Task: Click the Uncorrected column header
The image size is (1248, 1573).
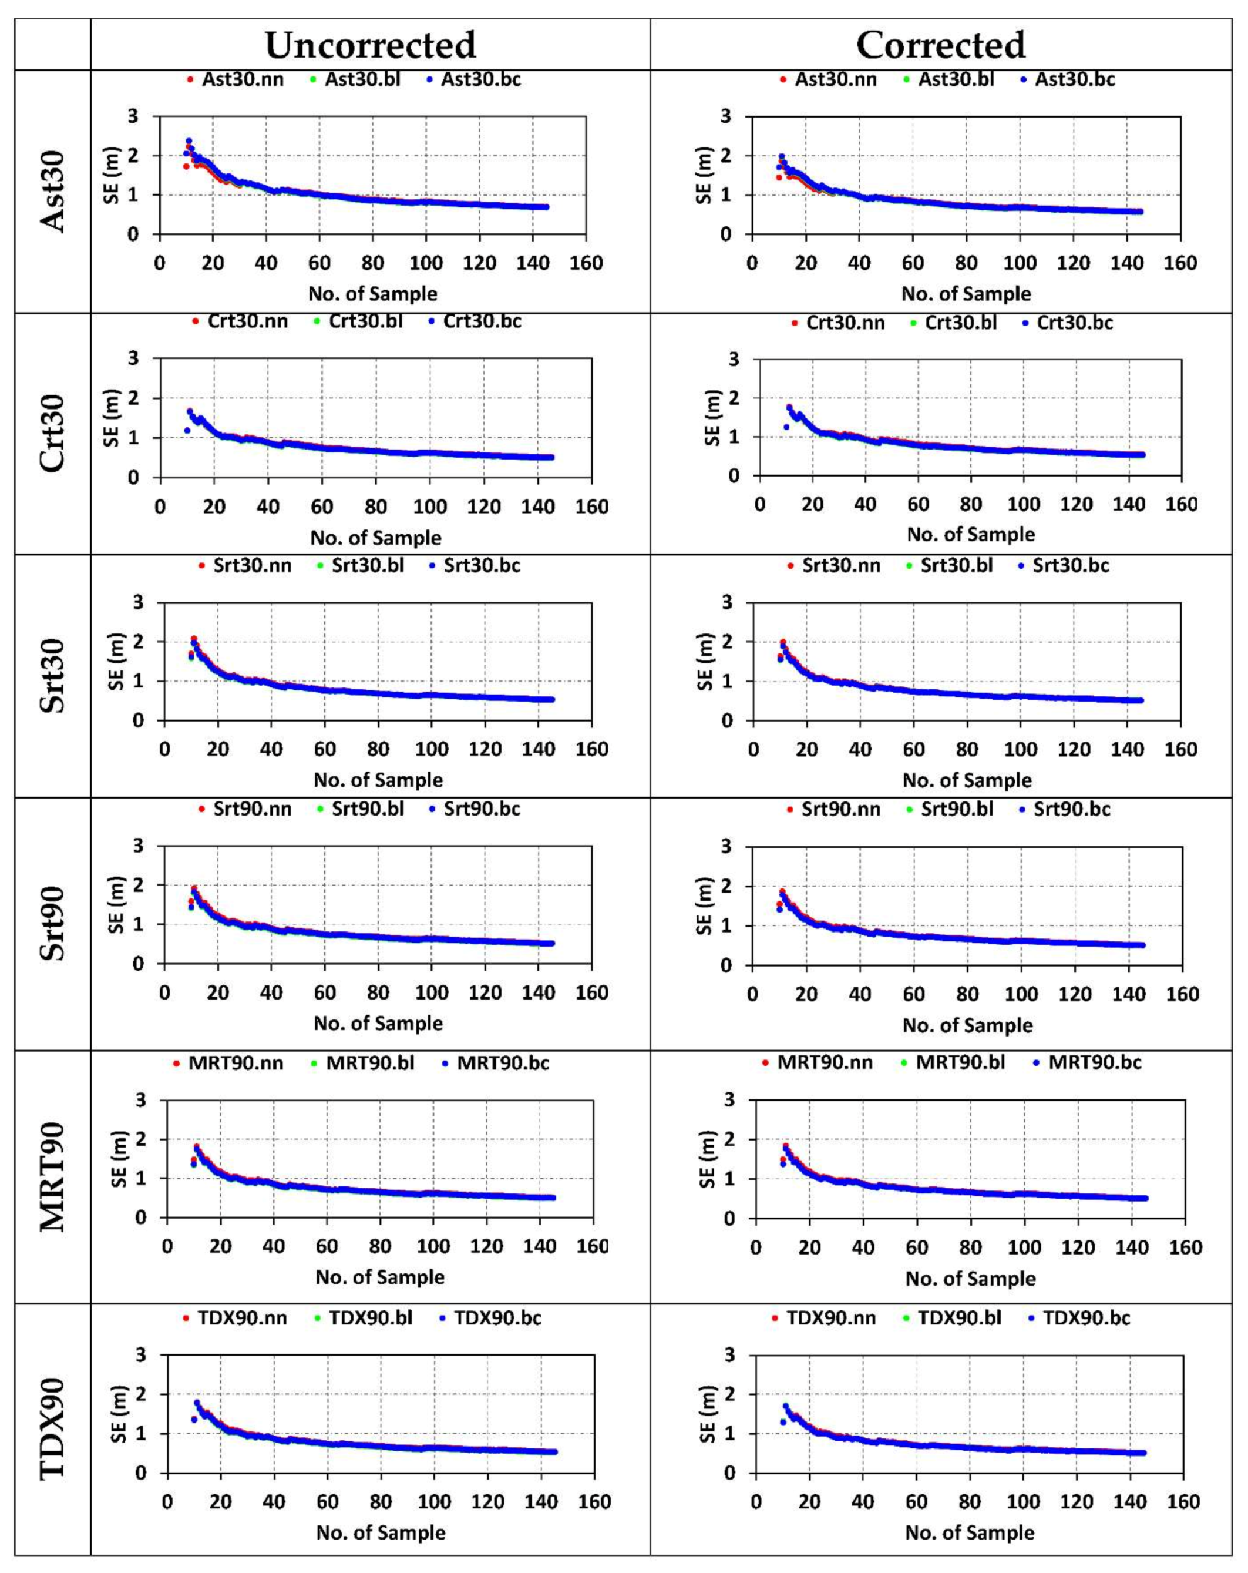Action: tap(370, 45)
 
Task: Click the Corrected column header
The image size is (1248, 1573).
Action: tap(940, 45)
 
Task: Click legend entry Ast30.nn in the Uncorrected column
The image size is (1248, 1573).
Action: tap(242, 79)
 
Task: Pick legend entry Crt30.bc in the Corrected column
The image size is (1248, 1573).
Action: tap(1074, 323)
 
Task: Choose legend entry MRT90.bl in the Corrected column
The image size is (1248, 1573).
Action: tap(960, 1062)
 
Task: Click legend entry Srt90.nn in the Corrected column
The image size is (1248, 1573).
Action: tap(840, 809)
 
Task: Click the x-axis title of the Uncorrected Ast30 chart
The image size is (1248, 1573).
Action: tap(373, 294)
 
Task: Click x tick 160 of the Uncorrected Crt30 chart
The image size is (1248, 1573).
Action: tap(591, 507)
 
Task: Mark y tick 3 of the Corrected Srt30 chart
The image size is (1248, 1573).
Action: tap(726, 603)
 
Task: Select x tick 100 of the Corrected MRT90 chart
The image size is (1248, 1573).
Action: tap(1024, 1247)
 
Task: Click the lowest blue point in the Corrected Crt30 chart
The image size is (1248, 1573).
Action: tap(786, 427)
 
